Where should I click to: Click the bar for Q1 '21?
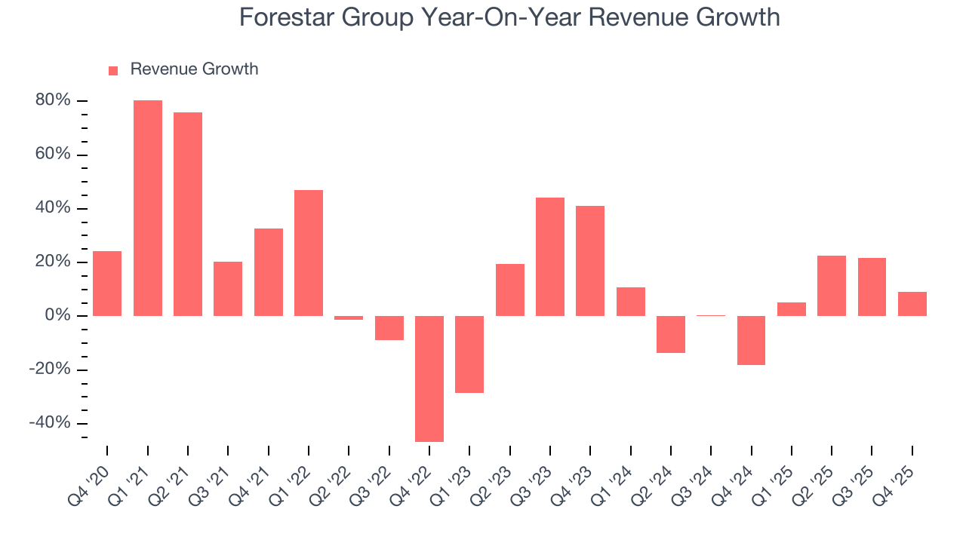tap(148, 208)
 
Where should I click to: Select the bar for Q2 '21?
tap(188, 214)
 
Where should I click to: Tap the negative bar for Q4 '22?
tap(429, 379)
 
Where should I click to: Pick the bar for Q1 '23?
tap(469, 354)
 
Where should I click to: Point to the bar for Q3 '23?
tap(550, 256)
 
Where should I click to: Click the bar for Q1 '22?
tap(309, 253)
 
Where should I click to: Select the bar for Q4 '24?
tap(751, 340)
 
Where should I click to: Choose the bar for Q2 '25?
tap(832, 286)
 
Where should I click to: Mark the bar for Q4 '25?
tap(912, 304)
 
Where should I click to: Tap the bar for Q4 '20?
tap(107, 284)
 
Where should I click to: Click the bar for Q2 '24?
tap(671, 334)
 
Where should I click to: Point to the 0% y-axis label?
tap(58, 316)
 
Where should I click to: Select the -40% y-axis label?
tap(51, 423)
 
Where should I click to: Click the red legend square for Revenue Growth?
tap(113, 70)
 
